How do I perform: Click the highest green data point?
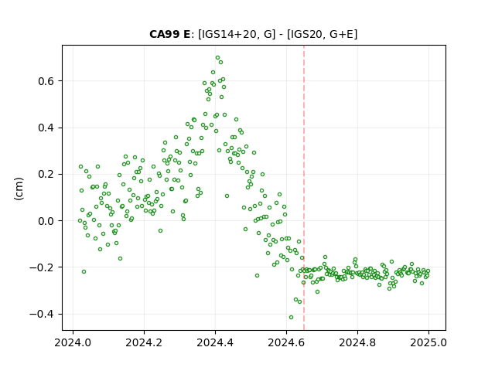[x=217, y=58]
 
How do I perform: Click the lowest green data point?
[x=291, y=317]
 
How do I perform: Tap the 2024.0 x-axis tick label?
[x=73, y=342]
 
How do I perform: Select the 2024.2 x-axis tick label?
[x=144, y=342]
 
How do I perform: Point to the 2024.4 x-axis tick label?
[x=215, y=342]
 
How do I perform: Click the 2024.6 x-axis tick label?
[x=286, y=342]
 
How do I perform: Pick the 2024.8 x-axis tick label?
[x=357, y=342]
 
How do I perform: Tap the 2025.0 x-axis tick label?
[x=428, y=342]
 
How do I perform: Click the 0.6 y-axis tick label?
[x=46, y=81]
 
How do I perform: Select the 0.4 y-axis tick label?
[x=46, y=128]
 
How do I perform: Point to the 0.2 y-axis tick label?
[x=46, y=175]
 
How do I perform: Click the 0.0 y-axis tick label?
[x=46, y=221]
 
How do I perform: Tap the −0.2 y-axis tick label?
[x=42, y=268]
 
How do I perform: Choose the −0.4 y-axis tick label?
[x=42, y=315]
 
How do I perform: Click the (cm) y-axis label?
[x=19, y=189]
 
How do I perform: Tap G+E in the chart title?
[x=341, y=34]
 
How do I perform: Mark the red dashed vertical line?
[x=304, y=188]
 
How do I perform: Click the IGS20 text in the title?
[x=306, y=34]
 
